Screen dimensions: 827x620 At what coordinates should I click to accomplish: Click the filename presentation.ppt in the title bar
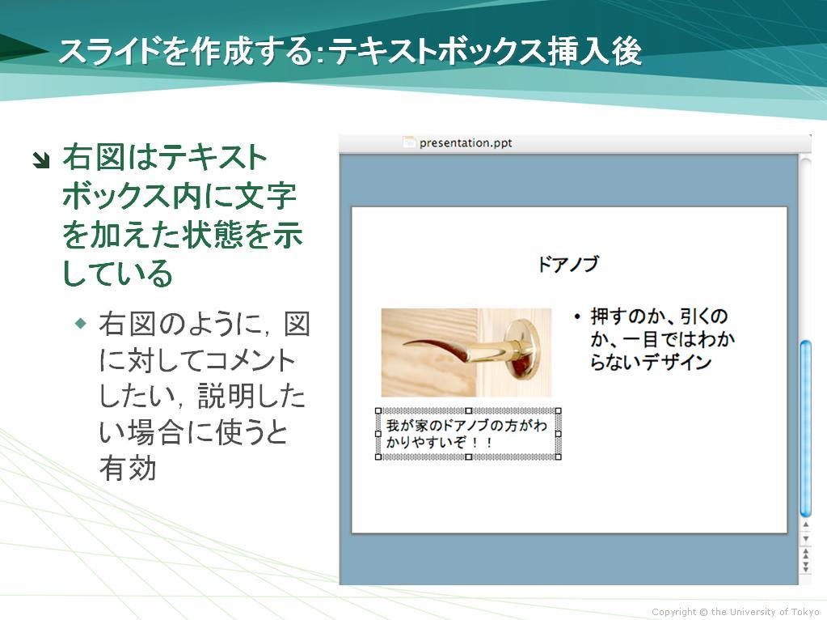(465, 142)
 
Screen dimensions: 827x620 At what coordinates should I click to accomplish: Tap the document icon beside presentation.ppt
(409, 142)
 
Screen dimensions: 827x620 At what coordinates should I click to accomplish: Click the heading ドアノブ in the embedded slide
(568, 264)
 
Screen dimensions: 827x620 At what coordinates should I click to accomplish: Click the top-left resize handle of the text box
(378, 411)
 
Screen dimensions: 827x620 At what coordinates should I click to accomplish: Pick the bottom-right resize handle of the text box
(559, 457)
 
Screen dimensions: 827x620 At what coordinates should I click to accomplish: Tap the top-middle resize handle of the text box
(468, 411)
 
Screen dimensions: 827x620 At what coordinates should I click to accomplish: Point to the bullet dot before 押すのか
(577, 316)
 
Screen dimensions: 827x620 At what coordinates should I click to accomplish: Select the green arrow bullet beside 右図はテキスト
(40, 159)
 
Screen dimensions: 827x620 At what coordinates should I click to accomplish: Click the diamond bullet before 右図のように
(81, 322)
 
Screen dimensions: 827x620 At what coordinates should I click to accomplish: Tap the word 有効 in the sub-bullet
(128, 469)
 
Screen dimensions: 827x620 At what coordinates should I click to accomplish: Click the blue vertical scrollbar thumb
(805, 429)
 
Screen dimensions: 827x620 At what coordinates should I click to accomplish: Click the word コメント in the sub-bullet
(250, 361)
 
